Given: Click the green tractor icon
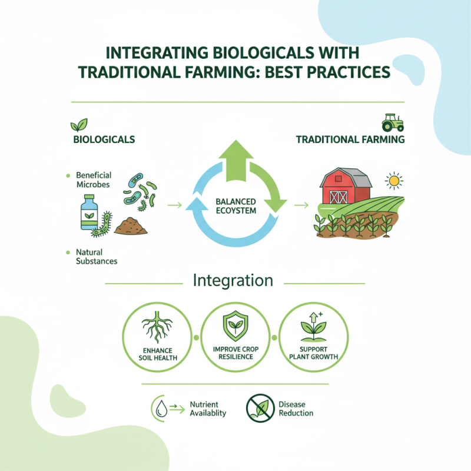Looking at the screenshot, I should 392,122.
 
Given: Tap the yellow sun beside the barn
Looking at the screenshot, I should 393,179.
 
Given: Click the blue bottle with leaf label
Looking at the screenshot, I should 90,213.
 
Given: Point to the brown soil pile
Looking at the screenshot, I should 131,226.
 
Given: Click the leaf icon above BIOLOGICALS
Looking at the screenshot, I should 77,125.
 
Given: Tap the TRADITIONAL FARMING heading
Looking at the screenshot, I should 350,140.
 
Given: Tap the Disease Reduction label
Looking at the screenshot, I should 296,409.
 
